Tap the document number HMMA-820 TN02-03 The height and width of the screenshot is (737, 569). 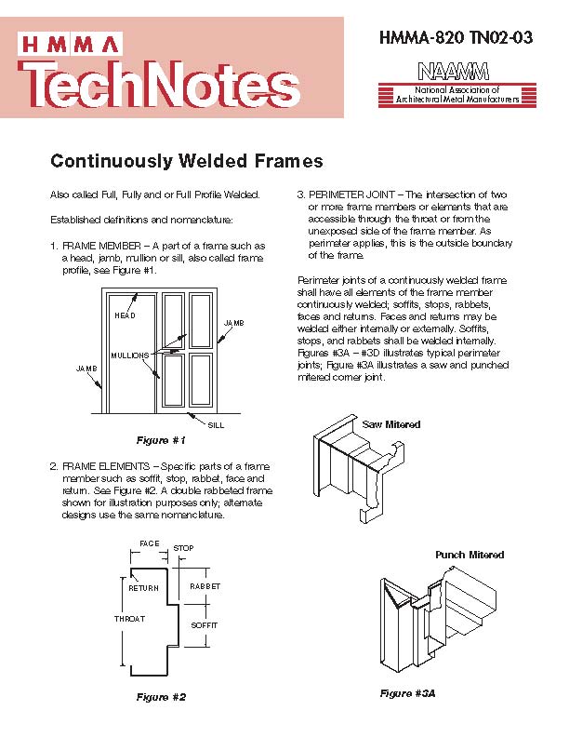pyautogui.click(x=457, y=38)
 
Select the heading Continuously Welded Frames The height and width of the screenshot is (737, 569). pyautogui.click(x=186, y=161)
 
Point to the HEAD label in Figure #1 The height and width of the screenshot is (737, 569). pyautogui.click(x=125, y=315)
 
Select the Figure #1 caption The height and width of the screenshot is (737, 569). pyautogui.click(x=161, y=439)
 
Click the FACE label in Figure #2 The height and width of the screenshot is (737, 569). pyautogui.click(x=149, y=543)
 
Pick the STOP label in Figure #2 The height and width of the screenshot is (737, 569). pyautogui.click(x=183, y=549)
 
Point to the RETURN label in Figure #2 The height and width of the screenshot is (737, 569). pyautogui.click(x=143, y=588)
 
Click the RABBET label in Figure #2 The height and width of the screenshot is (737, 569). pyautogui.click(x=205, y=587)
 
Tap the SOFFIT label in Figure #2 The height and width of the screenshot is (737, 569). pyautogui.click(x=204, y=625)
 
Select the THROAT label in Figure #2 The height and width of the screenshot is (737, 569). pyautogui.click(x=129, y=619)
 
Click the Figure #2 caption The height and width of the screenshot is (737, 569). pyautogui.click(x=161, y=697)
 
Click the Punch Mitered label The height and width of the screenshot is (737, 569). pyautogui.click(x=470, y=555)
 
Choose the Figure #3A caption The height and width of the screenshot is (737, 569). pyautogui.click(x=407, y=693)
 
